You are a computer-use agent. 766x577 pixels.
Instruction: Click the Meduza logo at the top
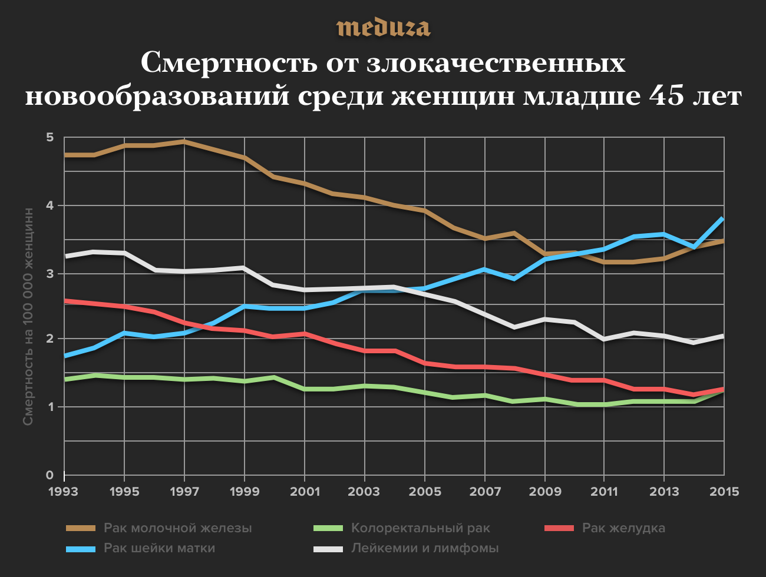(383, 28)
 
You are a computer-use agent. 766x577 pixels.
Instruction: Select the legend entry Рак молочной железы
(177, 528)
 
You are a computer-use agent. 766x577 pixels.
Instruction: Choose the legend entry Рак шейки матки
(159, 548)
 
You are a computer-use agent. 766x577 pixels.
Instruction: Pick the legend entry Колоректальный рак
(420, 528)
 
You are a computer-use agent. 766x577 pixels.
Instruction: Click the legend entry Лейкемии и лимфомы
(425, 548)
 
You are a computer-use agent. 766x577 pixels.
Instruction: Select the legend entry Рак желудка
(623, 528)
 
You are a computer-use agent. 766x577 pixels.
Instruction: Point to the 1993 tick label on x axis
(64, 492)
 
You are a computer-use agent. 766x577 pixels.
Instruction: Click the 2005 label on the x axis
(424, 492)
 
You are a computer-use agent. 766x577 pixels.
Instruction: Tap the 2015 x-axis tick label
(724, 492)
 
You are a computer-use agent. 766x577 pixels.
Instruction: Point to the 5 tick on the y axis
(49, 137)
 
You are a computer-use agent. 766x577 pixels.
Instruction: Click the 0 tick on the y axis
(49, 475)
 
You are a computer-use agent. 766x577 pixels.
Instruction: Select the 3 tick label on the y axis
(49, 273)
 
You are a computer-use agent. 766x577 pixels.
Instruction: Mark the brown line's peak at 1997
(184, 141)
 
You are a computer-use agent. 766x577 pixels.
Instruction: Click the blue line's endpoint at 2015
(723, 218)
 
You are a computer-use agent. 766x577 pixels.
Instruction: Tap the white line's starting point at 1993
(65, 256)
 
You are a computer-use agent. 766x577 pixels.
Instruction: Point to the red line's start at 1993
(65, 300)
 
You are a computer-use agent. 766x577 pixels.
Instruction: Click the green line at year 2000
(274, 377)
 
